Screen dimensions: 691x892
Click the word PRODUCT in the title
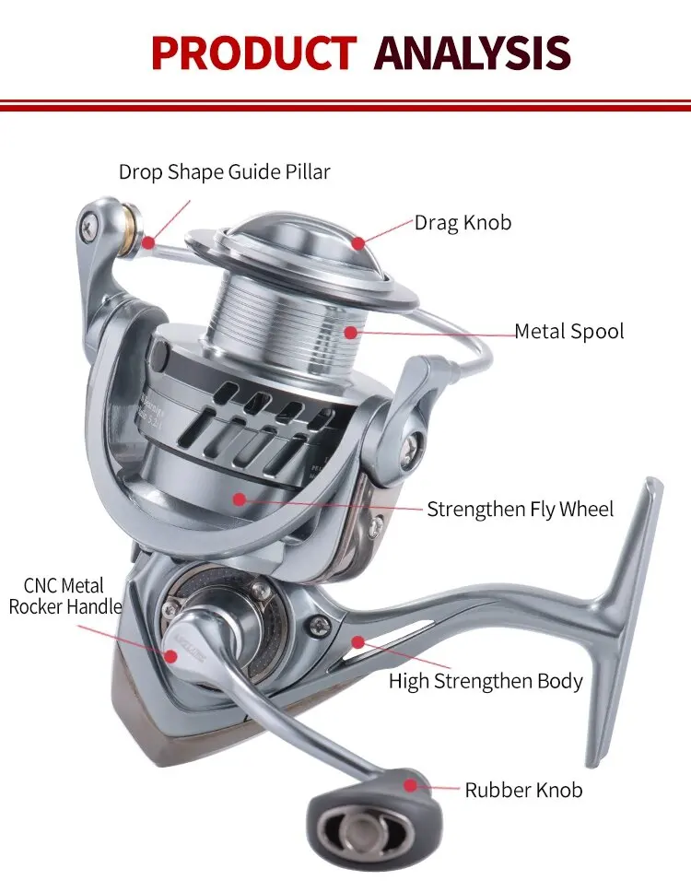point(253,53)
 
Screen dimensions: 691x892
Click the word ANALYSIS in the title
point(473,53)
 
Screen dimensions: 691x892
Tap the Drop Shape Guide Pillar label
point(224,171)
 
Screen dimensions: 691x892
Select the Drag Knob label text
point(463,223)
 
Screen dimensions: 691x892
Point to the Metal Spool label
point(568,332)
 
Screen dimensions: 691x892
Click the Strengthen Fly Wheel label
point(520,509)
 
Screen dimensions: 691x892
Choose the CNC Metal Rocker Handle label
point(64,596)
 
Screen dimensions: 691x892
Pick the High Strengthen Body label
point(486,682)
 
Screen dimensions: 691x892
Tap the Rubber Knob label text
point(523,790)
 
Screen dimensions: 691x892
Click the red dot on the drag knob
point(357,242)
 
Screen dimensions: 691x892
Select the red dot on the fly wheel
point(240,499)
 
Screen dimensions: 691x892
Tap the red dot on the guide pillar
point(147,242)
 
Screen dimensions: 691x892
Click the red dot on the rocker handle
point(171,654)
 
